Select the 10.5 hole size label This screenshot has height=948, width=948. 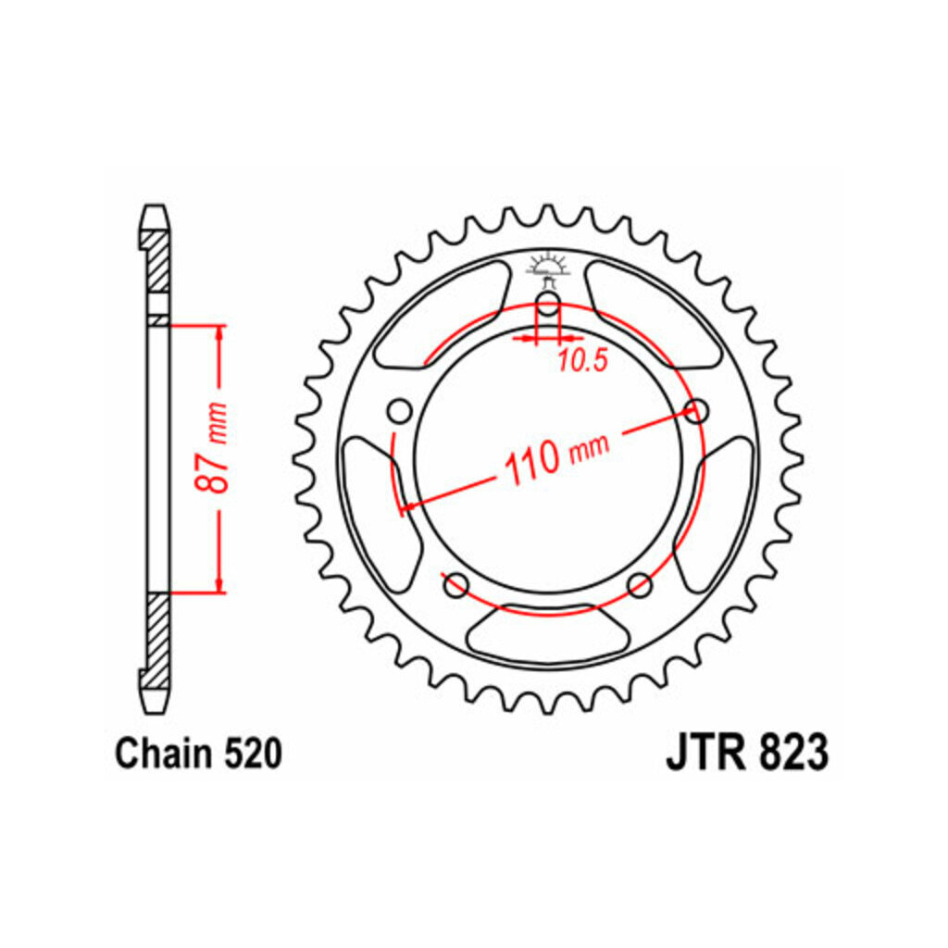coord(581,362)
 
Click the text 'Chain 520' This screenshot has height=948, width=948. coord(198,754)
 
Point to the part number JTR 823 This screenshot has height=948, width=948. coord(747,753)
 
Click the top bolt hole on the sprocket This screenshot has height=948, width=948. coord(548,304)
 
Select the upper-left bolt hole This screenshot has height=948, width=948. coord(399,412)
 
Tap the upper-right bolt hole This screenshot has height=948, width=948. coord(696,411)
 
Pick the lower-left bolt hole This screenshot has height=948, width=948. coord(455,585)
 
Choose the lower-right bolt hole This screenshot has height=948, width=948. coord(640,585)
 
